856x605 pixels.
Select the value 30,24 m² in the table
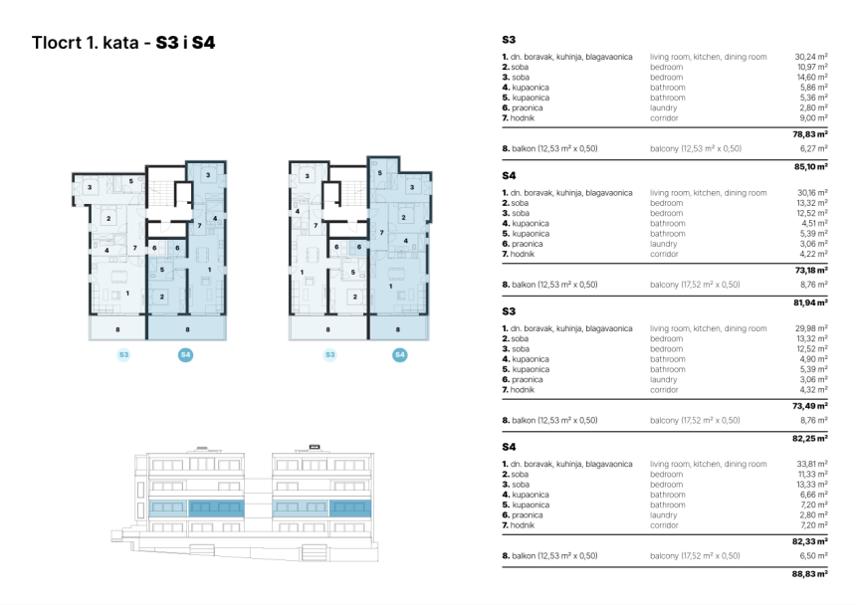[x=811, y=58]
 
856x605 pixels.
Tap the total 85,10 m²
[x=811, y=167]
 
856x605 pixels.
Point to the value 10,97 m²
[x=811, y=68]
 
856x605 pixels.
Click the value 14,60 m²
[x=811, y=78]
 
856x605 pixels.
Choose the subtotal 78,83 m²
[x=811, y=133]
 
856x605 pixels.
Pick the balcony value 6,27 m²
[x=814, y=148]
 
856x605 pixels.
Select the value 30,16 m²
[x=811, y=193]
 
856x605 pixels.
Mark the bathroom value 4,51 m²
[x=814, y=223]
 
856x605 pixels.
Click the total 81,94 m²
[x=811, y=302]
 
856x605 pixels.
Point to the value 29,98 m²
[x=811, y=328]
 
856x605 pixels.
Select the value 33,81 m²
[x=811, y=464]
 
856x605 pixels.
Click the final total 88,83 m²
[x=811, y=574]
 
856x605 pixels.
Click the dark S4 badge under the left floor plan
[x=186, y=354]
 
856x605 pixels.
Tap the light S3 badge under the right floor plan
[x=330, y=354]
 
